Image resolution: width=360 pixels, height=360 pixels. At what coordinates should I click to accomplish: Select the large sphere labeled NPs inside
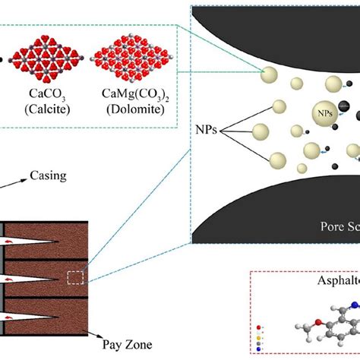coord(324,113)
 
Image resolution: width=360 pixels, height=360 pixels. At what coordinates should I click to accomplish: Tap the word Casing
coord(46,175)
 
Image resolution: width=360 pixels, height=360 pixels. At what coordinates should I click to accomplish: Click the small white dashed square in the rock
coord(75,278)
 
